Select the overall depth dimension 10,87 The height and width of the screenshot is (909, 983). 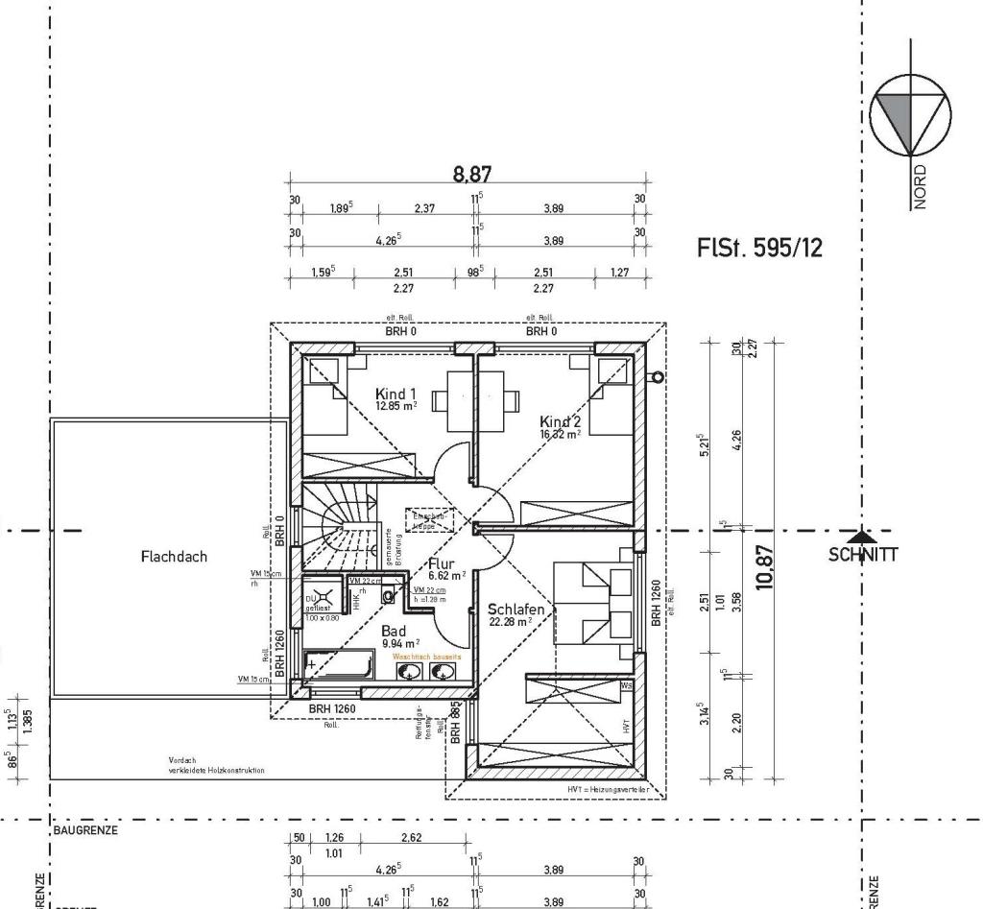point(765,566)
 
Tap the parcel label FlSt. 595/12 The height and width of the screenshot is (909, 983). point(759,249)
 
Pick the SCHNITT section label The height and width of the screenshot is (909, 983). point(862,554)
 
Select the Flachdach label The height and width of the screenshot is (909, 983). point(173,556)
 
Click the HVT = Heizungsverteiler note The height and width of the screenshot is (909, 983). point(606,789)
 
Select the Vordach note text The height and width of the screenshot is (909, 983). point(216,764)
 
